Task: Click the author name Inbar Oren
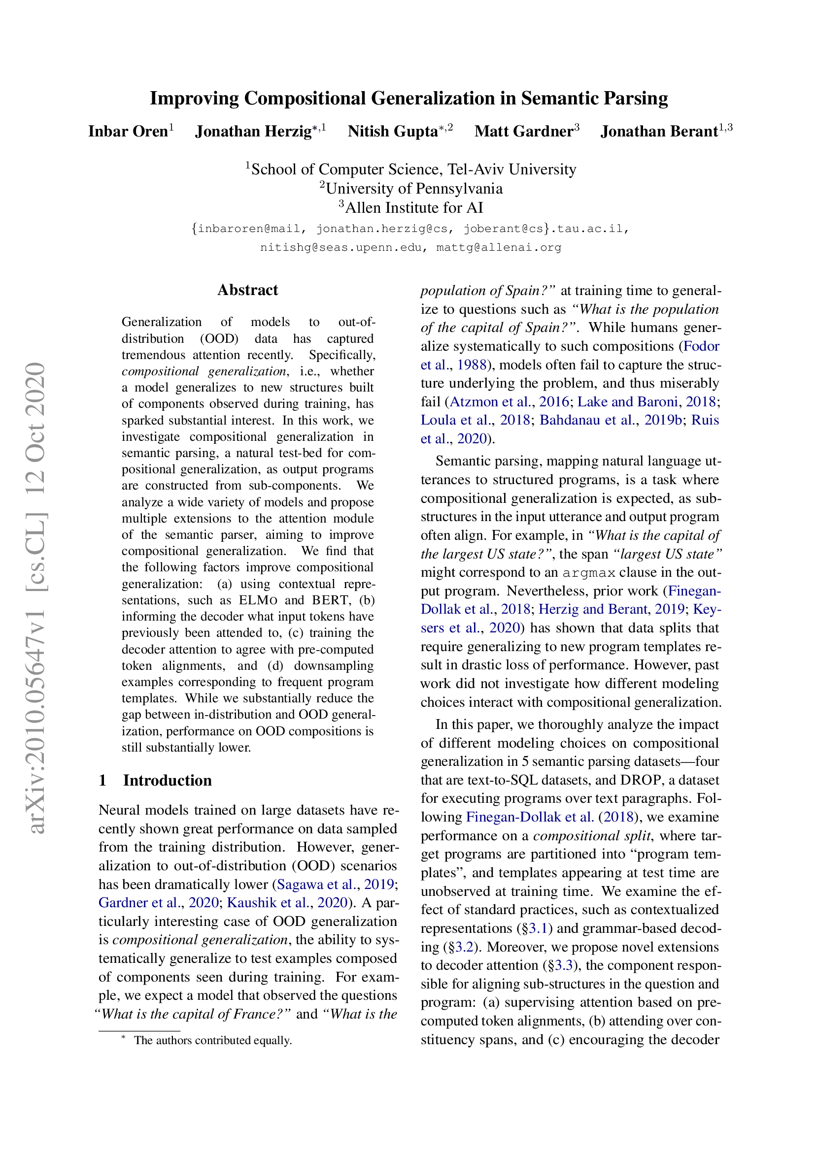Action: [128, 132]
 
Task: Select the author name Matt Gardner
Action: [523, 132]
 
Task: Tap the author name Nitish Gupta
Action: [393, 132]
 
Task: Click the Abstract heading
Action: [247, 290]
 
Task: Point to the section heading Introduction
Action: [167, 780]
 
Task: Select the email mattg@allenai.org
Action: [498, 247]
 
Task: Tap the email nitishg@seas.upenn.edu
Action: [341, 247]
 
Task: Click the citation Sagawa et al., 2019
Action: [335, 884]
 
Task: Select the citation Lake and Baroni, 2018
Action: [647, 401]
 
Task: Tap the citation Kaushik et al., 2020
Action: [287, 903]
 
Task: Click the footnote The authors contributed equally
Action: [212, 1040]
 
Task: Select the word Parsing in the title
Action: [635, 99]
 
